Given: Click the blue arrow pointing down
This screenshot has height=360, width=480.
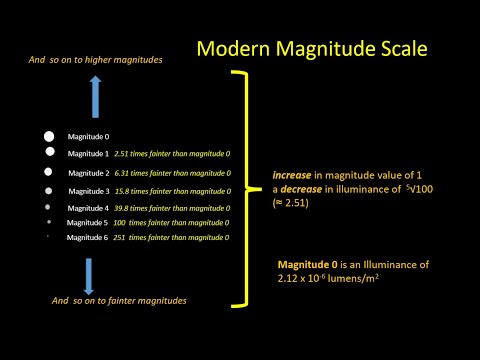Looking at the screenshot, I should coord(88,274).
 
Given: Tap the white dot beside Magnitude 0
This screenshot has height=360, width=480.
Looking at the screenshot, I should coord(48,136).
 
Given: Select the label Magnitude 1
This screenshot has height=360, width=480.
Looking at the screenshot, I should coord(88,154).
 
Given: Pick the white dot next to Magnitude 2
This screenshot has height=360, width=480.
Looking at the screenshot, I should coord(48,172).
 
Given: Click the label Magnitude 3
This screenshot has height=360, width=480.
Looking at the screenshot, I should coord(88,190).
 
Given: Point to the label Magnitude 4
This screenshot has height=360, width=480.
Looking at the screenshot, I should coord(88,208).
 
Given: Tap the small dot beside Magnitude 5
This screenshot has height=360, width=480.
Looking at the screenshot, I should coord(48,221).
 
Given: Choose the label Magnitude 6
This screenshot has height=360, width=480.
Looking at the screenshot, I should coord(88,238).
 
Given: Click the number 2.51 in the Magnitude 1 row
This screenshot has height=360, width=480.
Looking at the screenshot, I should coord(125,154).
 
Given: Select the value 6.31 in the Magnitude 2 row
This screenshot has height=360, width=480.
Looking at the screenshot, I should coord(125,172).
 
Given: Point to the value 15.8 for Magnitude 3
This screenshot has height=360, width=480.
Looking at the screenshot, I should coord(125,190).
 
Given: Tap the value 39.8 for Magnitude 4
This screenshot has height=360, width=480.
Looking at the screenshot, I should coord(125,208).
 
